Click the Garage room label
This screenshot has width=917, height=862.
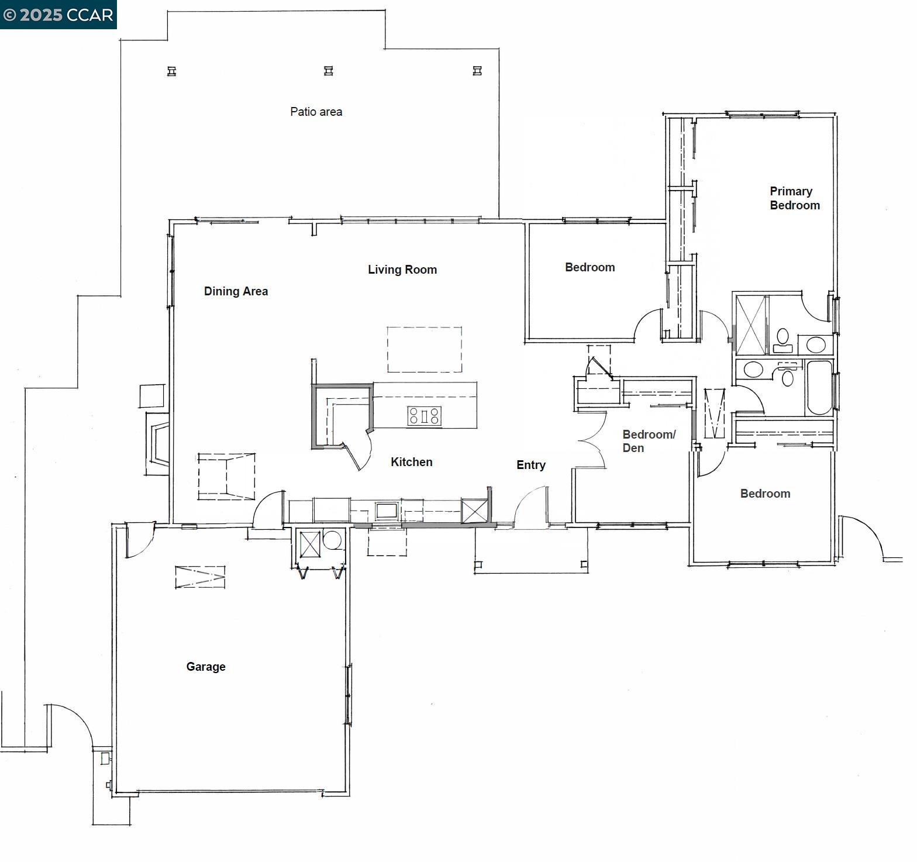pos(205,667)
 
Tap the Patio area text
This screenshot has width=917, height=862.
pos(316,112)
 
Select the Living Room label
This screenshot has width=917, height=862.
pos(402,270)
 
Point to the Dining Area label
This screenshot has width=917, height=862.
pos(236,291)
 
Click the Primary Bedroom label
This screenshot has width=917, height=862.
pos(794,198)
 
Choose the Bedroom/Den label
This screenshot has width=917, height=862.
pos(648,441)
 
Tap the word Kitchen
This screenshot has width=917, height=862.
pos(411,462)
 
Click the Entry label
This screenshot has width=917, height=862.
pos(530,465)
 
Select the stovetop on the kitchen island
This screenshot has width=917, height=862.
pos(425,416)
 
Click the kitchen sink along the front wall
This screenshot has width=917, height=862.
pos(386,511)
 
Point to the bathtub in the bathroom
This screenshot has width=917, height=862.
pos(819,387)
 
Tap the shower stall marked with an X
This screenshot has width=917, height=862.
pos(751,325)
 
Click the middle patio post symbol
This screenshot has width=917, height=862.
pos(329,71)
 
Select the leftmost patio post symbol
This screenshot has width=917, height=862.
pos(171,71)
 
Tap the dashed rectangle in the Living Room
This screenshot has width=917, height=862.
pos(424,349)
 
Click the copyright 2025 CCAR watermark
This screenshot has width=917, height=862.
pos(58,15)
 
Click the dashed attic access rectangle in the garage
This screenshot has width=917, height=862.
pos(200,577)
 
